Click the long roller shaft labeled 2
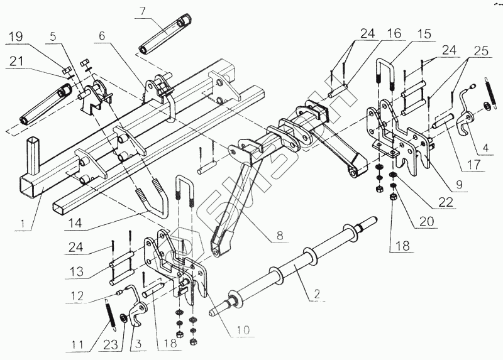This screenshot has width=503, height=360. [x=296, y=271]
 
